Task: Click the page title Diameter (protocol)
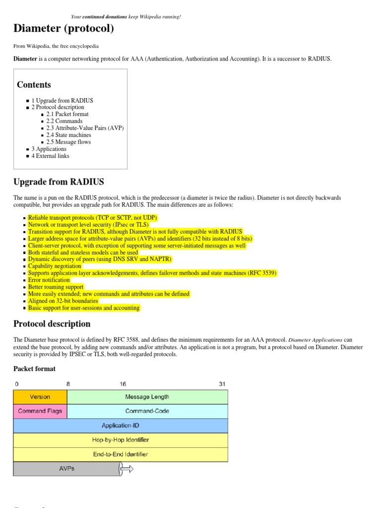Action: point(63,29)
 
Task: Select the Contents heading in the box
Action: point(34,85)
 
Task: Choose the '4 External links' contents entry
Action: point(50,156)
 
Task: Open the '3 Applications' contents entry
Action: point(49,149)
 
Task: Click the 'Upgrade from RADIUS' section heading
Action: point(59,182)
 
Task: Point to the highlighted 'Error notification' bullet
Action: point(49,280)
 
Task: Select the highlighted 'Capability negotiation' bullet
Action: point(55,266)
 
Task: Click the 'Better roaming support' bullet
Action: point(56,287)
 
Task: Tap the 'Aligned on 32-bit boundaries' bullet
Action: point(63,301)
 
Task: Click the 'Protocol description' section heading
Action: point(52,324)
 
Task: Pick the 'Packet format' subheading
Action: point(34,369)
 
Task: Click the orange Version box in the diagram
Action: point(40,397)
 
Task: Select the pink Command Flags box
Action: point(40,411)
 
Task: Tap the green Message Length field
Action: point(147,397)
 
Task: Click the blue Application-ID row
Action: point(120,426)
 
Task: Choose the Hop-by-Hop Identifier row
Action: point(120,440)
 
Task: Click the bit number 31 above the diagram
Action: point(222,384)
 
